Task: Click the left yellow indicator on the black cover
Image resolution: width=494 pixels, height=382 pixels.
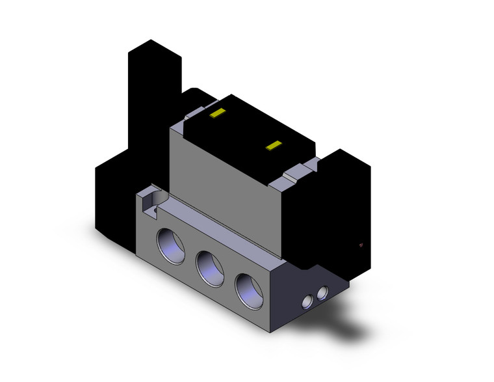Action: coord(217,114)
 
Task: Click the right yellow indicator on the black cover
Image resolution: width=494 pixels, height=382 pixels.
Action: coord(275,145)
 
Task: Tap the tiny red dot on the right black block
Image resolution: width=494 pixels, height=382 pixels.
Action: coord(360,245)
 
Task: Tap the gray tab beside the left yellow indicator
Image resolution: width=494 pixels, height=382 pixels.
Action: coord(194,116)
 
